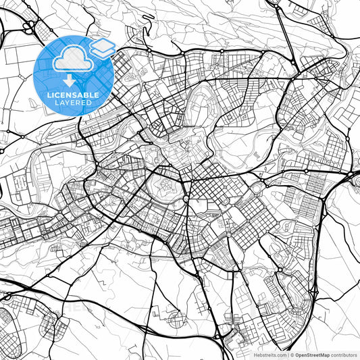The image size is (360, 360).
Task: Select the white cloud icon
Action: (70, 60)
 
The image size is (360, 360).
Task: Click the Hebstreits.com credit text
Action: (269, 355)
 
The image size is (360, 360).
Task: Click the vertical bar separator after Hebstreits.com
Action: (289, 355)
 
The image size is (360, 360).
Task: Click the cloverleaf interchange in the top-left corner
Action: (30, 27)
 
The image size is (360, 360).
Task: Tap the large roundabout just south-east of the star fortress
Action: (186, 200)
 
